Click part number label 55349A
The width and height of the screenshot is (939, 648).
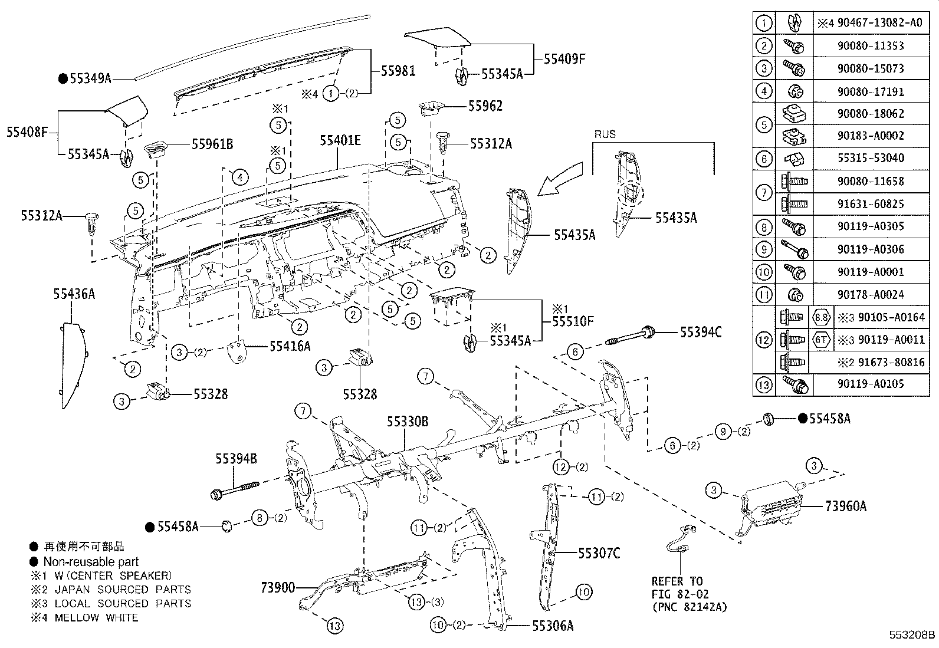tap(90, 78)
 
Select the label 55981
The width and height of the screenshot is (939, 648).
tap(398, 71)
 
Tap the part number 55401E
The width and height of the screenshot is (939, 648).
tap(340, 140)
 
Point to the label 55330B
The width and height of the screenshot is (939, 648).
tap(408, 421)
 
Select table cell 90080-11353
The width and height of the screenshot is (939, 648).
tap(870, 45)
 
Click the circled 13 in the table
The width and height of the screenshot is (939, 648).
tap(763, 384)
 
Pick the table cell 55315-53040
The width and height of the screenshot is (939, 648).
tap(870, 158)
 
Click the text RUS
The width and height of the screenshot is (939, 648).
tap(605, 134)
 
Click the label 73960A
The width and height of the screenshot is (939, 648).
tap(845, 506)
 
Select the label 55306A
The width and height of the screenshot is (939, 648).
tap(552, 626)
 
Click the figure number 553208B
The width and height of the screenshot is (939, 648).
tap(912, 635)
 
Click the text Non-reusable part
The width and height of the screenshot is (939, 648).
tap(91, 561)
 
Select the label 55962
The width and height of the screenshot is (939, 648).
tap(485, 106)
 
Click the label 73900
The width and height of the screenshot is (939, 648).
tap(278, 587)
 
